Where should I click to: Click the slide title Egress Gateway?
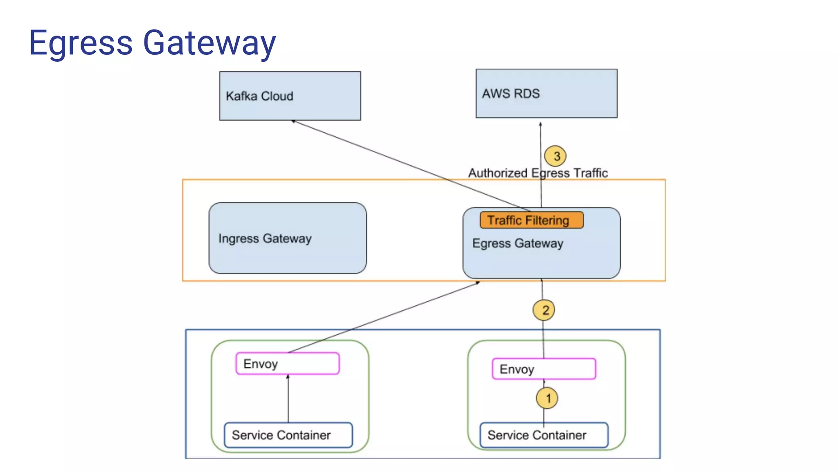(x=152, y=43)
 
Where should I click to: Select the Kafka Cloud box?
(x=290, y=96)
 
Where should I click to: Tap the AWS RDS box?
(x=546, y=93)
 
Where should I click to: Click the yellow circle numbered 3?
(x=556, y=156)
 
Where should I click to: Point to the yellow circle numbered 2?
(x=544, y=310)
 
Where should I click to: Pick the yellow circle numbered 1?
(x=547, y=398)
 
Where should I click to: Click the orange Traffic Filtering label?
(x=531, y=220)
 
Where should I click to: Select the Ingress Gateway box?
(x=287, y=238)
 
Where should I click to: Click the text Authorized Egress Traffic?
(x=538, y=173)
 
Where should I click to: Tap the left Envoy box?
(x=287, y=363)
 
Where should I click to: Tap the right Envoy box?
(x=544, y=369)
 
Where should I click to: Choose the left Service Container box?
(x=288, y=435)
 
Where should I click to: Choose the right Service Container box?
(x=544, y=435)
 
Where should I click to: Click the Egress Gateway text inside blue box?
(x=518, y=243)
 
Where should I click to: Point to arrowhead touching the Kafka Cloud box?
(x=293, y=121)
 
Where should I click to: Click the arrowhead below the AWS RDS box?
(x=541, y=124)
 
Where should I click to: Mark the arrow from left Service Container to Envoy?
(x=288, y=399)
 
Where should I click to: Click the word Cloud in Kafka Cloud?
(x=277, y=96)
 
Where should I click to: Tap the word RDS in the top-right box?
(x=527, y=94)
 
